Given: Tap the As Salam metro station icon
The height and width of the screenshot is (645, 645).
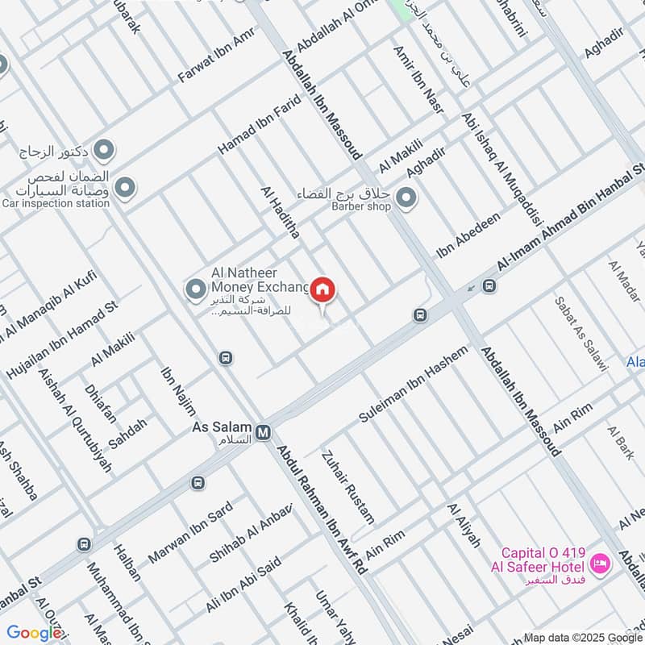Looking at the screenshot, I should (x=263, y=434).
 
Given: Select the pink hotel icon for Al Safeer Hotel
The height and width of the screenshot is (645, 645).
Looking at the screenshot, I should (x=599, y=563).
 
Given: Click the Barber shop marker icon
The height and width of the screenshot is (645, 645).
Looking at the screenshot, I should (x=407, y=197).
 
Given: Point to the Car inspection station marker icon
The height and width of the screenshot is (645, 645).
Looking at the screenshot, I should (x=124, y=189).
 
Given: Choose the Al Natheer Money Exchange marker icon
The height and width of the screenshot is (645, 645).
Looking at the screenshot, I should (x=194, y=288).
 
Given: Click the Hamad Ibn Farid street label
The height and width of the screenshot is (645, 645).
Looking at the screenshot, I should (x=259, y=125).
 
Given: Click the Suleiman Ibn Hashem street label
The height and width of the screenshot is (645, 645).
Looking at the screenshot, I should (x=413, y=386).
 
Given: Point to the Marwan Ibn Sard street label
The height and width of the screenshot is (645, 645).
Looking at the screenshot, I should (x=190, y=533).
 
